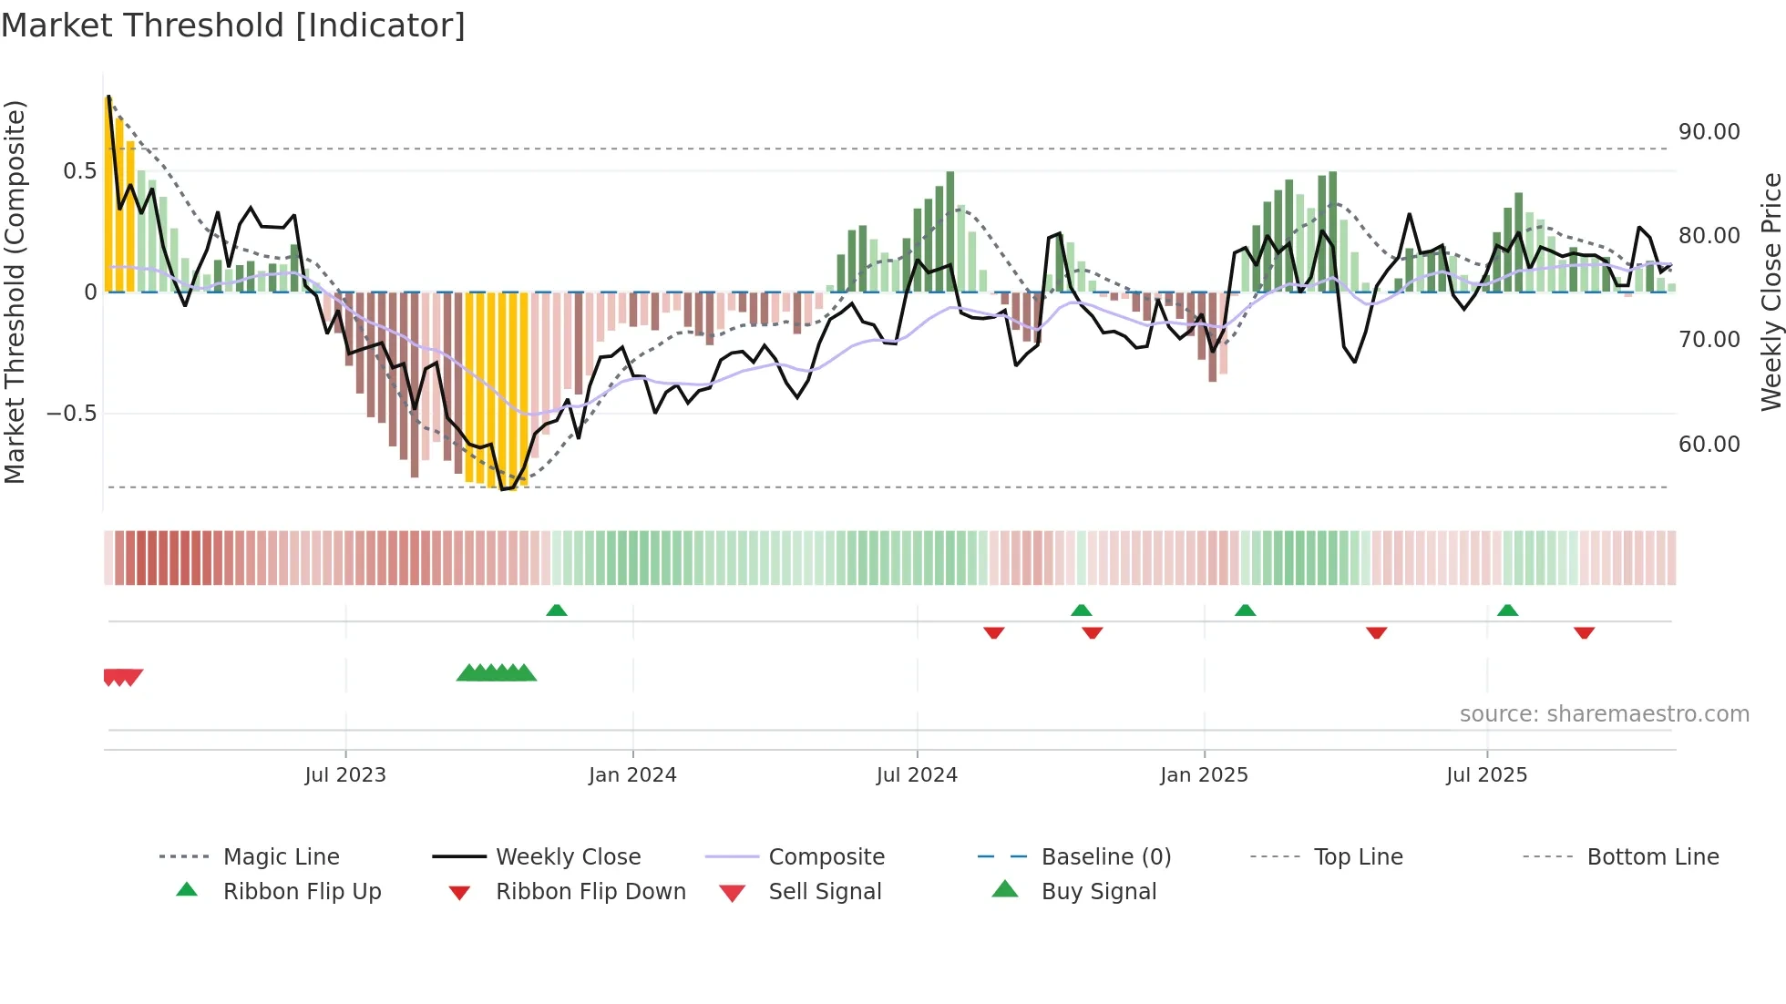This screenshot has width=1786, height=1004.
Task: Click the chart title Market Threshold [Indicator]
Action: [233, 26]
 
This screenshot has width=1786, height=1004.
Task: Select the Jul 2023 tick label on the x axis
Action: [345, 775]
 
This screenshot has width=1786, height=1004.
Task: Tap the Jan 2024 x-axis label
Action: [632, 775]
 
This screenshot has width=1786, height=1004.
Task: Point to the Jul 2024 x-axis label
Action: [917, 775]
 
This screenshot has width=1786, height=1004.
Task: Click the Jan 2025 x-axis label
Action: [1204, 775]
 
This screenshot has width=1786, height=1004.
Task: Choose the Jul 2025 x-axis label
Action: [1486, 775]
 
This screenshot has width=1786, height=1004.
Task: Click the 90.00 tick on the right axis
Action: [1709, 132]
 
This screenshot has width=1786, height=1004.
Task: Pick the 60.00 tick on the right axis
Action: [1709, 445]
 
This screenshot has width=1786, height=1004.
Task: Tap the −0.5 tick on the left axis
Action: [71, 414]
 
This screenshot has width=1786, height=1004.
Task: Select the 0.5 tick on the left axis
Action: [79, 171]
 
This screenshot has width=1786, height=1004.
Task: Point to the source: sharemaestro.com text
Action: [1604, 714]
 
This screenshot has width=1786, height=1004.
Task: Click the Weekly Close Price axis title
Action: [1771, 292]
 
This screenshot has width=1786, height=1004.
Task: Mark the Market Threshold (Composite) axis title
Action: [15, 292]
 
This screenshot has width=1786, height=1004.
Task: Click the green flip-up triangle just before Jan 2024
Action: [557, 610]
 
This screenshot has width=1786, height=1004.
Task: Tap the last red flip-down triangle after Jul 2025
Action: [1584, 632]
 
